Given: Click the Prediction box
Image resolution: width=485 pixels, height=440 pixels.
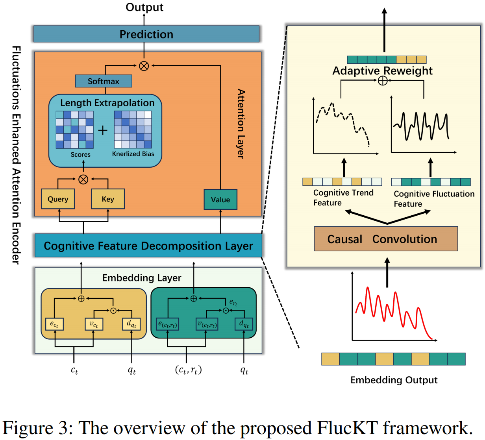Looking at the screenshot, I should click(146, 34).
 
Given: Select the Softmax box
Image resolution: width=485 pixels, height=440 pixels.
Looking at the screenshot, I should click(104, 81).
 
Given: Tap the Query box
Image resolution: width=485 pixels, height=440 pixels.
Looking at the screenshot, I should click(58, 199).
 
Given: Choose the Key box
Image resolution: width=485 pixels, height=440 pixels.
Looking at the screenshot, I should click(108, 199).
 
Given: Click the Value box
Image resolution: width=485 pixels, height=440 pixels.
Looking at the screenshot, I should click(220, 200).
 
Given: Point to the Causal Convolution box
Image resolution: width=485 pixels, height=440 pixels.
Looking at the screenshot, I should click(386, 239).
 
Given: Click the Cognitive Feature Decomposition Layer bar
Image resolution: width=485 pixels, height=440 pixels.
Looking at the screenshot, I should click(148, 246).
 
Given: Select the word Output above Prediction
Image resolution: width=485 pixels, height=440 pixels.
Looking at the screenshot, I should click(144, 7).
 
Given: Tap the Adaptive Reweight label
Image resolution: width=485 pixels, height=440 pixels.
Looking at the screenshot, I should click(382, 71).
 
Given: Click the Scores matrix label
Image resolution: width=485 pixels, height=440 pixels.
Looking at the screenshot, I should click(80, 155).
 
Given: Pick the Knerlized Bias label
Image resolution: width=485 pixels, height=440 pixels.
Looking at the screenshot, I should click(133, 154).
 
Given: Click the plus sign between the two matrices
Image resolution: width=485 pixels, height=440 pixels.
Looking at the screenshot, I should click(103, 130).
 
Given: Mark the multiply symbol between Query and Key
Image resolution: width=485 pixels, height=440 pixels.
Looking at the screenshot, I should click(83, 179).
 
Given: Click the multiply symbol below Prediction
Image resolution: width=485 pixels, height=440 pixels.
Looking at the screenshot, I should click(144, 66).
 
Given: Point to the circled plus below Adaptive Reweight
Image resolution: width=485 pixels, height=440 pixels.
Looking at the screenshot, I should click(382, 81).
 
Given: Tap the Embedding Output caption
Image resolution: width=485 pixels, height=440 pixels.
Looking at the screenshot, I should click(394, 380).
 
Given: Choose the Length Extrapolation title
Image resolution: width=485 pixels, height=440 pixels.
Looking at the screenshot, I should click(107, 103).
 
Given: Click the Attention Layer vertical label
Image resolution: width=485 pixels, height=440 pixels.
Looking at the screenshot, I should click(241, 124).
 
